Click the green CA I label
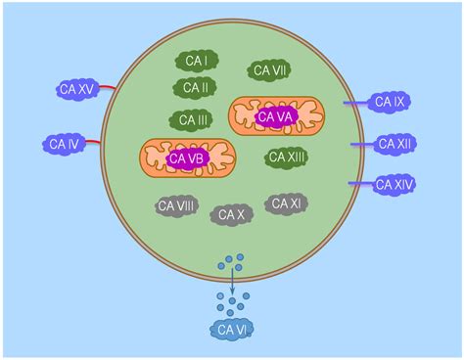tap(196, 62)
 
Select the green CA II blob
tap(196, 88)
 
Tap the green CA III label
tap(190, 120)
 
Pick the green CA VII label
tap(267, 70)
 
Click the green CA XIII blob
tap(286, 157)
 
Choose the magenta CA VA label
tap(275, 117)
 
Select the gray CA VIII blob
tap(177, 206)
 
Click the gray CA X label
tap(232, 214)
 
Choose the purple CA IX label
tap(392, 101)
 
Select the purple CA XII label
tap(395, 144)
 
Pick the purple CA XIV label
tap(395, 184)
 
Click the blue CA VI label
tap(232, 331)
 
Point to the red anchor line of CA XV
tap(106, 89)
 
